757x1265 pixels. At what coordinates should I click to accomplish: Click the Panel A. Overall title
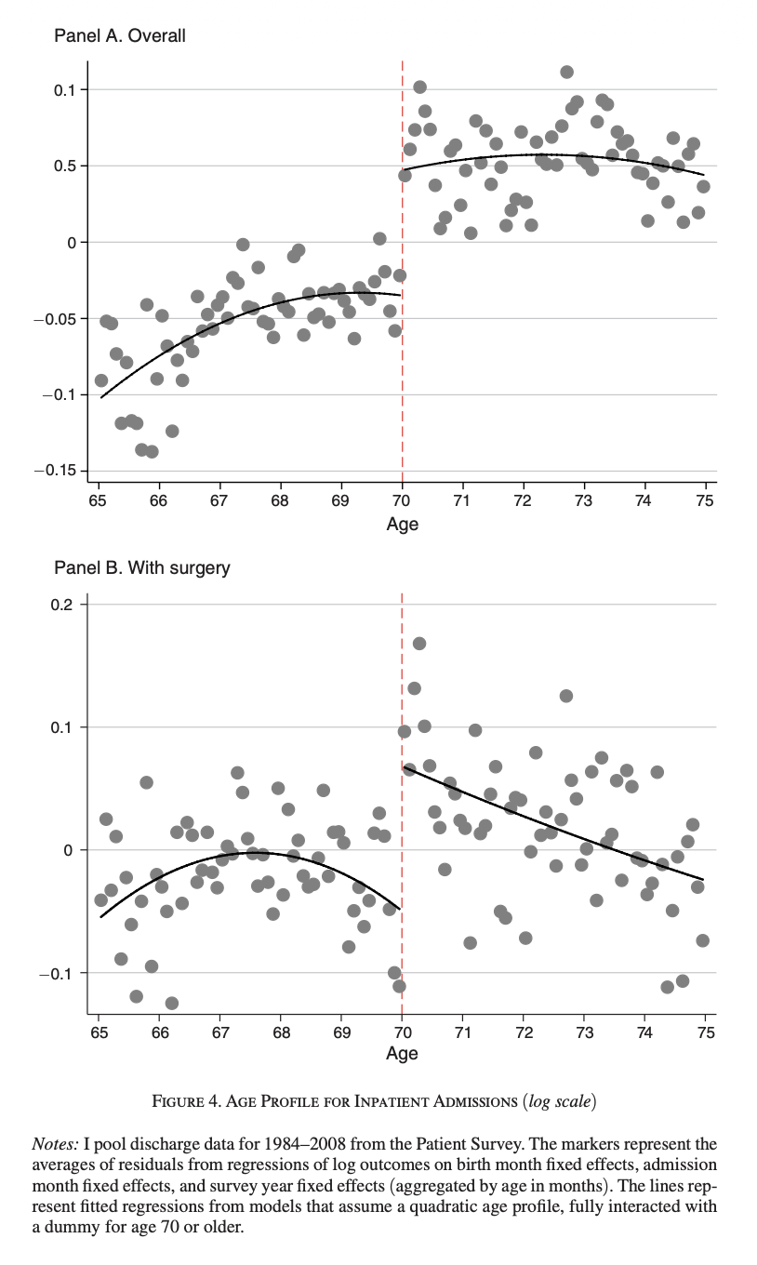[119, 36]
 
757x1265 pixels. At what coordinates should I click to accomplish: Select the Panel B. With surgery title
[141, 567]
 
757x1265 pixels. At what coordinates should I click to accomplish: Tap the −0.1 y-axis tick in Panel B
[60, 973]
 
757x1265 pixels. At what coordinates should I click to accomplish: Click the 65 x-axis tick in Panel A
[98, 501]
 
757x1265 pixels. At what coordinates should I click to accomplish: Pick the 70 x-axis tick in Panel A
[402, 501]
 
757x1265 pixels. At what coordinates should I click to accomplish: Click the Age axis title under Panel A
[402, 524]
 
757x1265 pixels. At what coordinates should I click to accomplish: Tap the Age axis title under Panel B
[402, 1053]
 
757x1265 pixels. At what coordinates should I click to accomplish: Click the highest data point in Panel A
[566, 72]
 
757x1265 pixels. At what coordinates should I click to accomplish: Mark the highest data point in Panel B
[419, 644]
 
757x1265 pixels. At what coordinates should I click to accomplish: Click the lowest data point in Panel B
[171, 1003]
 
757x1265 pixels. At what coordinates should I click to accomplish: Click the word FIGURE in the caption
[185, 1102]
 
